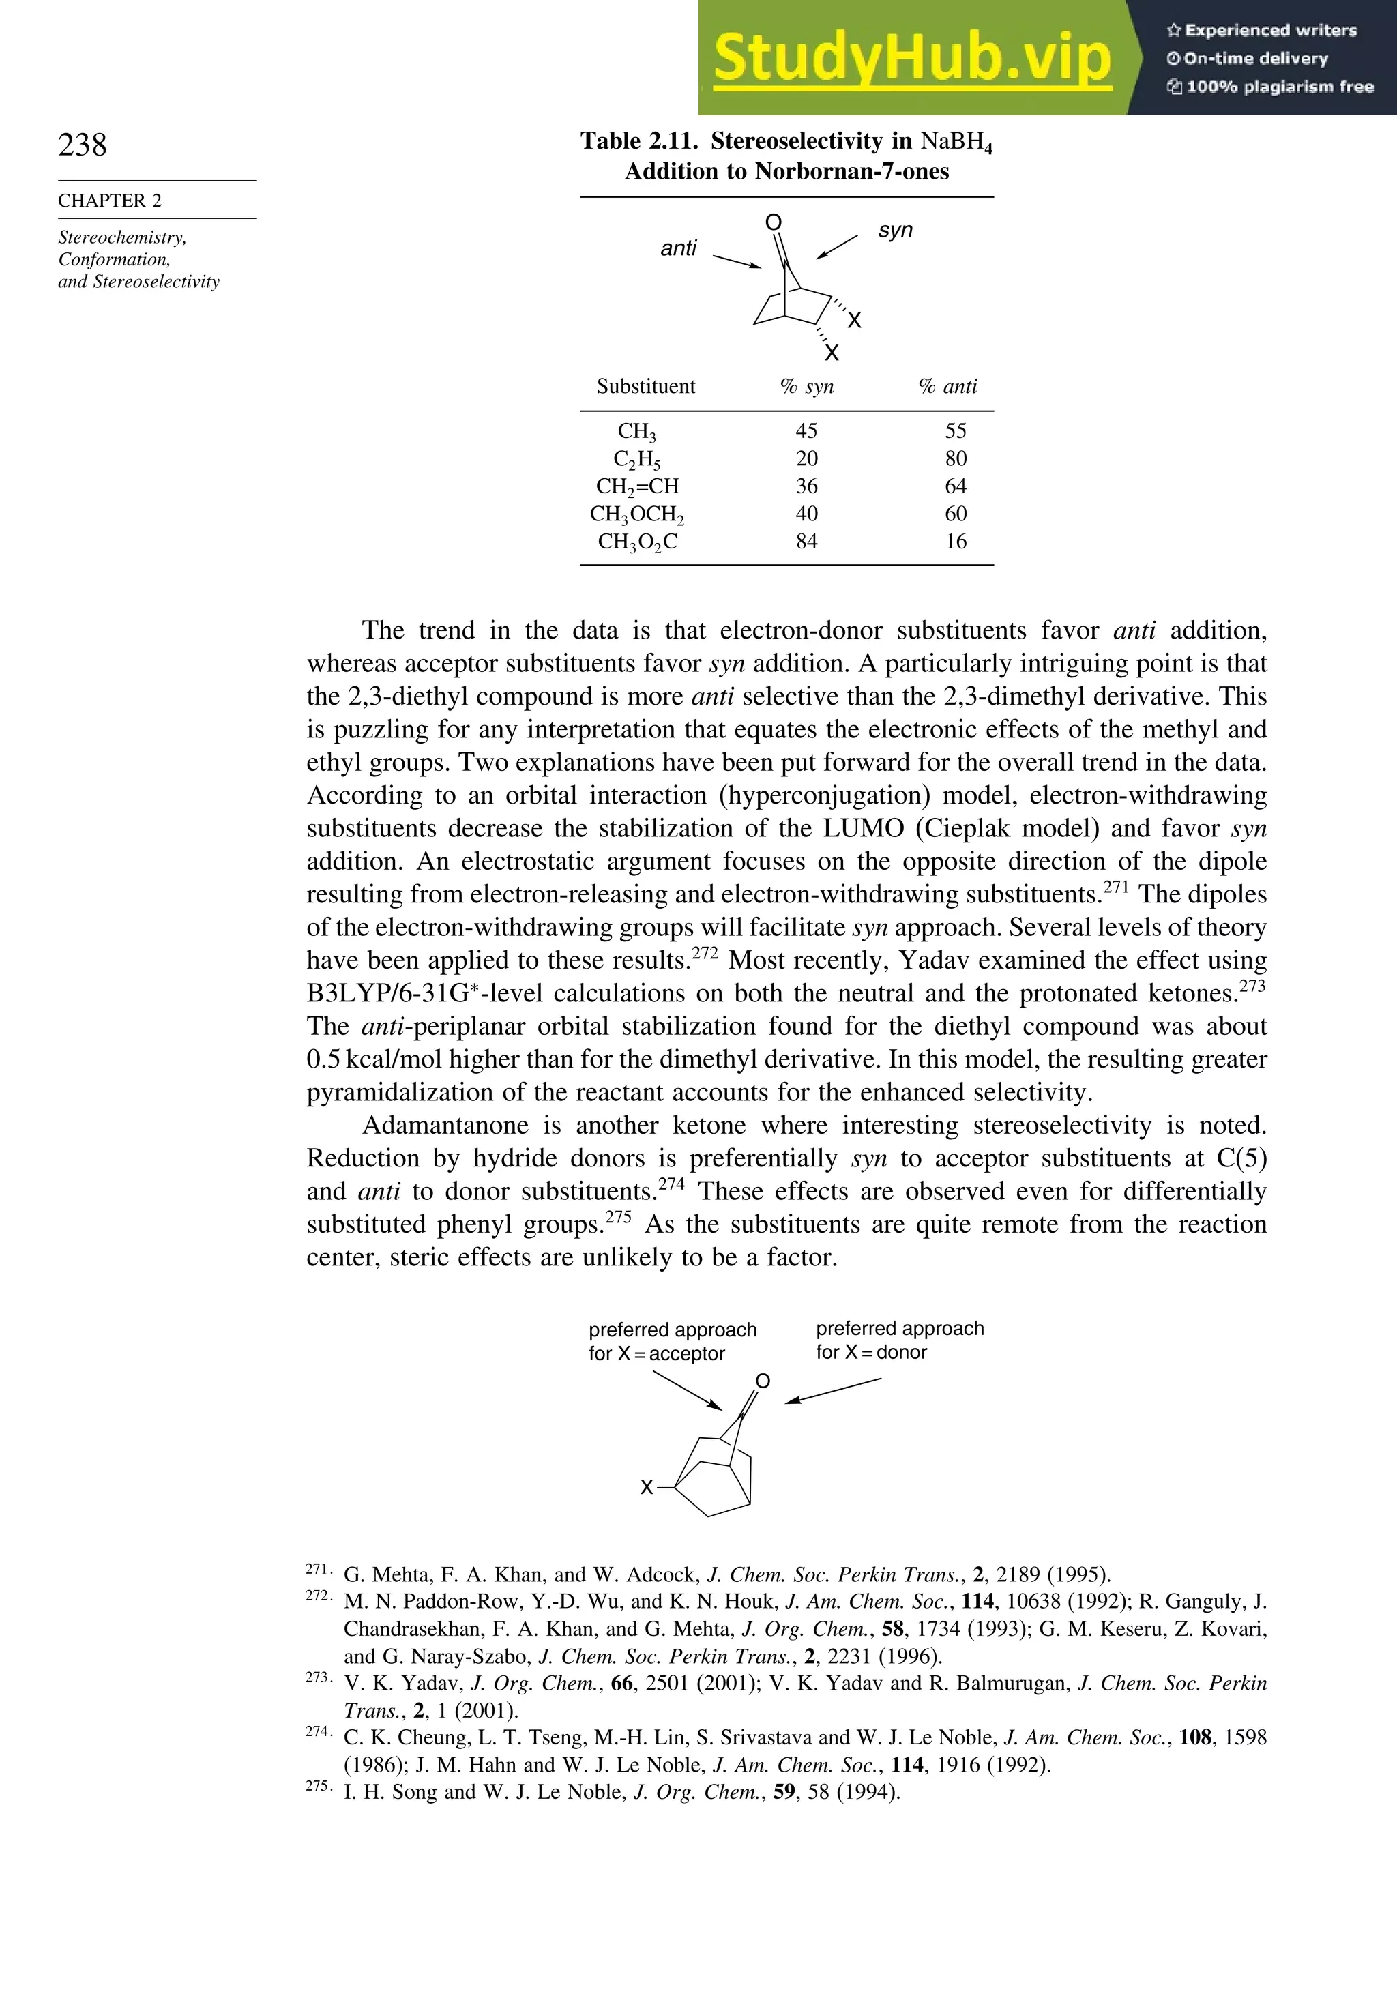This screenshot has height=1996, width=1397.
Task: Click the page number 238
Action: tap(83, 145)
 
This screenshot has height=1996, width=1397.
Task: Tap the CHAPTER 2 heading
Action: tap(110, 201)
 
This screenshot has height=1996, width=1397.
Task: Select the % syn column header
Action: tap(807, 387)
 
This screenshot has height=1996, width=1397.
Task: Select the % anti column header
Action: tap(947, 387)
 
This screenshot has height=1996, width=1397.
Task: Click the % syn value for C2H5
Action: tap(807, 459)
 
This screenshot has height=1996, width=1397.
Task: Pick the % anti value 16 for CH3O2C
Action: tap(956, 542)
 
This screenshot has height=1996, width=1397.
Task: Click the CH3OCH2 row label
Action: tap(636, 514)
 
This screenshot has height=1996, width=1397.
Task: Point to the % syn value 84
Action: tap(807, 542)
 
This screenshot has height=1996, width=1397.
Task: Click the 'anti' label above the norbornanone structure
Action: tap(678, 248)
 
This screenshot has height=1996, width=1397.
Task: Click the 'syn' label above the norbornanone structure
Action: tap(896, 231)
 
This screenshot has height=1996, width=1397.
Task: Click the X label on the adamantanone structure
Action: tap(646, 1488)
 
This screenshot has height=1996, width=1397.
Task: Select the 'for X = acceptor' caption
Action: tap(656, 1353)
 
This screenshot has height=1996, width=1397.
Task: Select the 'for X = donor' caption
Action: tap(871, 1352)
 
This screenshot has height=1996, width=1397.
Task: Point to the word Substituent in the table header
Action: tap(646, 387)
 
